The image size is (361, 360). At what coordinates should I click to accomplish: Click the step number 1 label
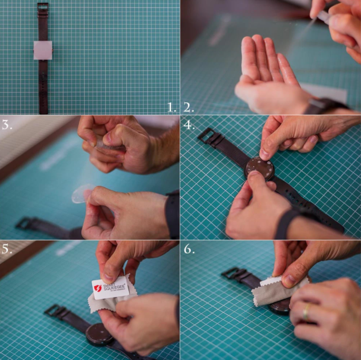171,107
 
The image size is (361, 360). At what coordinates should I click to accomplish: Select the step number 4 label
189,125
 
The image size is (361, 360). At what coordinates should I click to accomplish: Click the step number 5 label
7,248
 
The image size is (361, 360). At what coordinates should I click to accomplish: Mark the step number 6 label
189,249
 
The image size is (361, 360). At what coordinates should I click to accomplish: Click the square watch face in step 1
43,50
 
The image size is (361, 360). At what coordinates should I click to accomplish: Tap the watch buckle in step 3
24,223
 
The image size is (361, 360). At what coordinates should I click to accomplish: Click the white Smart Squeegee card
110,288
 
